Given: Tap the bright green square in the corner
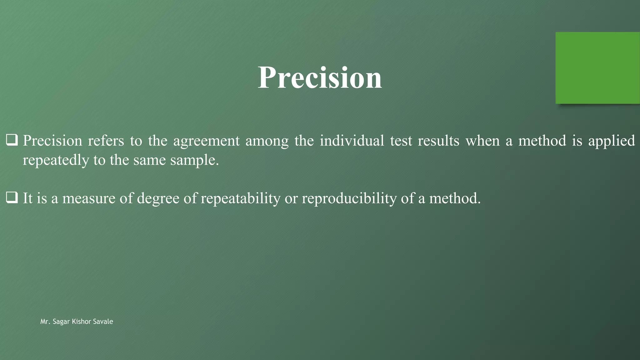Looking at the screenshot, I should (597, 68).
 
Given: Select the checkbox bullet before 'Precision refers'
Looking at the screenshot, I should (12, 140).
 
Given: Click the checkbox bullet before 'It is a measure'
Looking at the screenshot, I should (12, 198).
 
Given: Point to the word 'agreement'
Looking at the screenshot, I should (206, 141).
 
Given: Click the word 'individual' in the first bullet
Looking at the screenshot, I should (352, 141).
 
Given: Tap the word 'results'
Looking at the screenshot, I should (438, 141).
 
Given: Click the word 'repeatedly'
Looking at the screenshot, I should (56, 161).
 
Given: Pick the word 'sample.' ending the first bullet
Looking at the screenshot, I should (194, 161).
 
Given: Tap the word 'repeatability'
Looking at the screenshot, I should (240, 199).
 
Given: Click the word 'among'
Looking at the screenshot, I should (267, 141).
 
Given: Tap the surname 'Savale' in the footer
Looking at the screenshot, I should (103, 322).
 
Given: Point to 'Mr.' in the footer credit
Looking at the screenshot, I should (45, 322).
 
